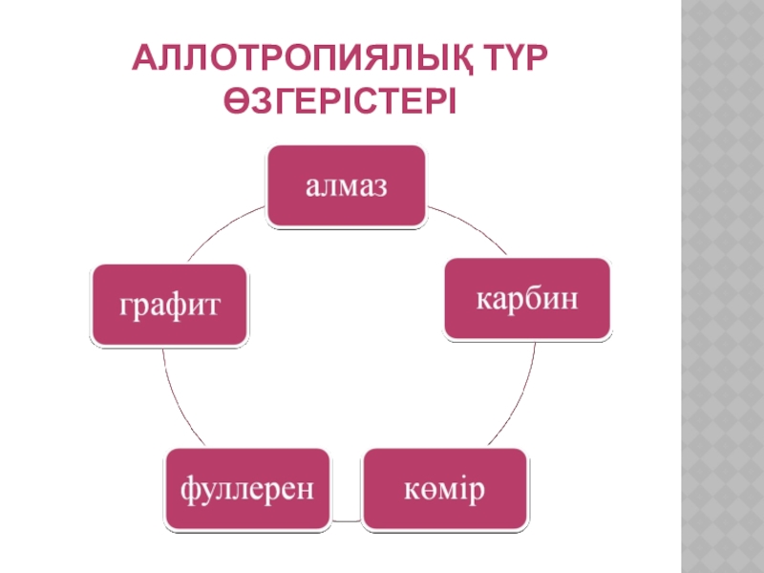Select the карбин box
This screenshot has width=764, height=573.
click(527, 298)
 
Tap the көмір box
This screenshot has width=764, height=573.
click(444, 488)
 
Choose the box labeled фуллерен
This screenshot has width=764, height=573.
click(248, 488)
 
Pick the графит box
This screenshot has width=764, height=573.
click(169, 305)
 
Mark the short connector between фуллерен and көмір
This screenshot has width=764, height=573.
click(347, 521)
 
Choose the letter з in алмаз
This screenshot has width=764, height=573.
click(378, 186)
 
